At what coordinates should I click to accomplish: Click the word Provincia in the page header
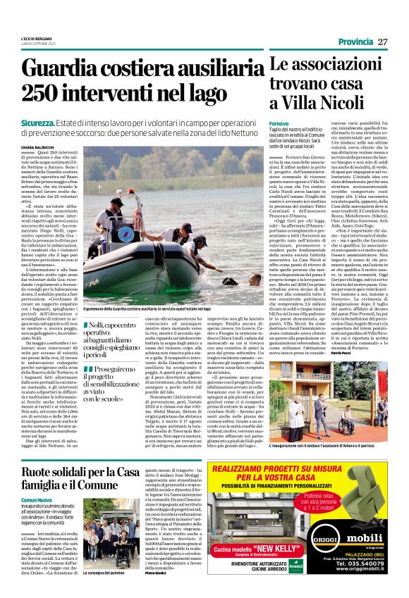(x=355, y=42)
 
